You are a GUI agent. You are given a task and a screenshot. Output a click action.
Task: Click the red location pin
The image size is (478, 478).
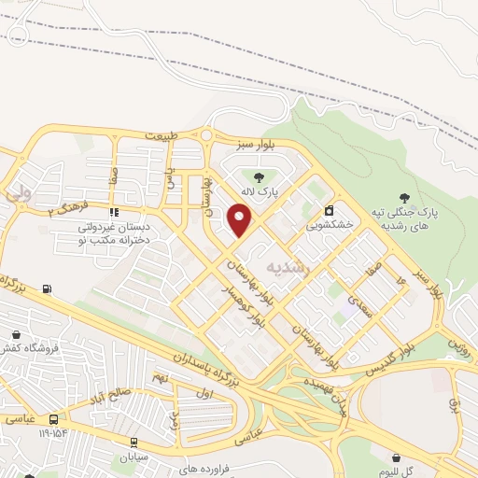[x=241, y=220]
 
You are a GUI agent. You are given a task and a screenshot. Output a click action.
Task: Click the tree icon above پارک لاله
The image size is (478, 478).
[x=259, y=176]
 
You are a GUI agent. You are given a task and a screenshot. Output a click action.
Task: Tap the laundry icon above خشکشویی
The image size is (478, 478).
[x=330, y=210]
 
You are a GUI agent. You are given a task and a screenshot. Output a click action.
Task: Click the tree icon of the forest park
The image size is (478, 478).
[x=404, y=197]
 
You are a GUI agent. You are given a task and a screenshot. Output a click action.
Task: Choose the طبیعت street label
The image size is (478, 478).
[x=161, y=136]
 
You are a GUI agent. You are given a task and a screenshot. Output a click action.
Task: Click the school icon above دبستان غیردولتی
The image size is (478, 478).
[x=114, y=213]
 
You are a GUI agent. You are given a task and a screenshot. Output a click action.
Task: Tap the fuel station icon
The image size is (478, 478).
[x=47, y=288]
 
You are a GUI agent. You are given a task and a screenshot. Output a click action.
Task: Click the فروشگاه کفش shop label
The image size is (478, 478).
[x=28, y=347]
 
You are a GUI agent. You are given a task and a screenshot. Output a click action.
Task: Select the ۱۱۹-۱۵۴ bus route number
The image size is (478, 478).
[x=53, y=433]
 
